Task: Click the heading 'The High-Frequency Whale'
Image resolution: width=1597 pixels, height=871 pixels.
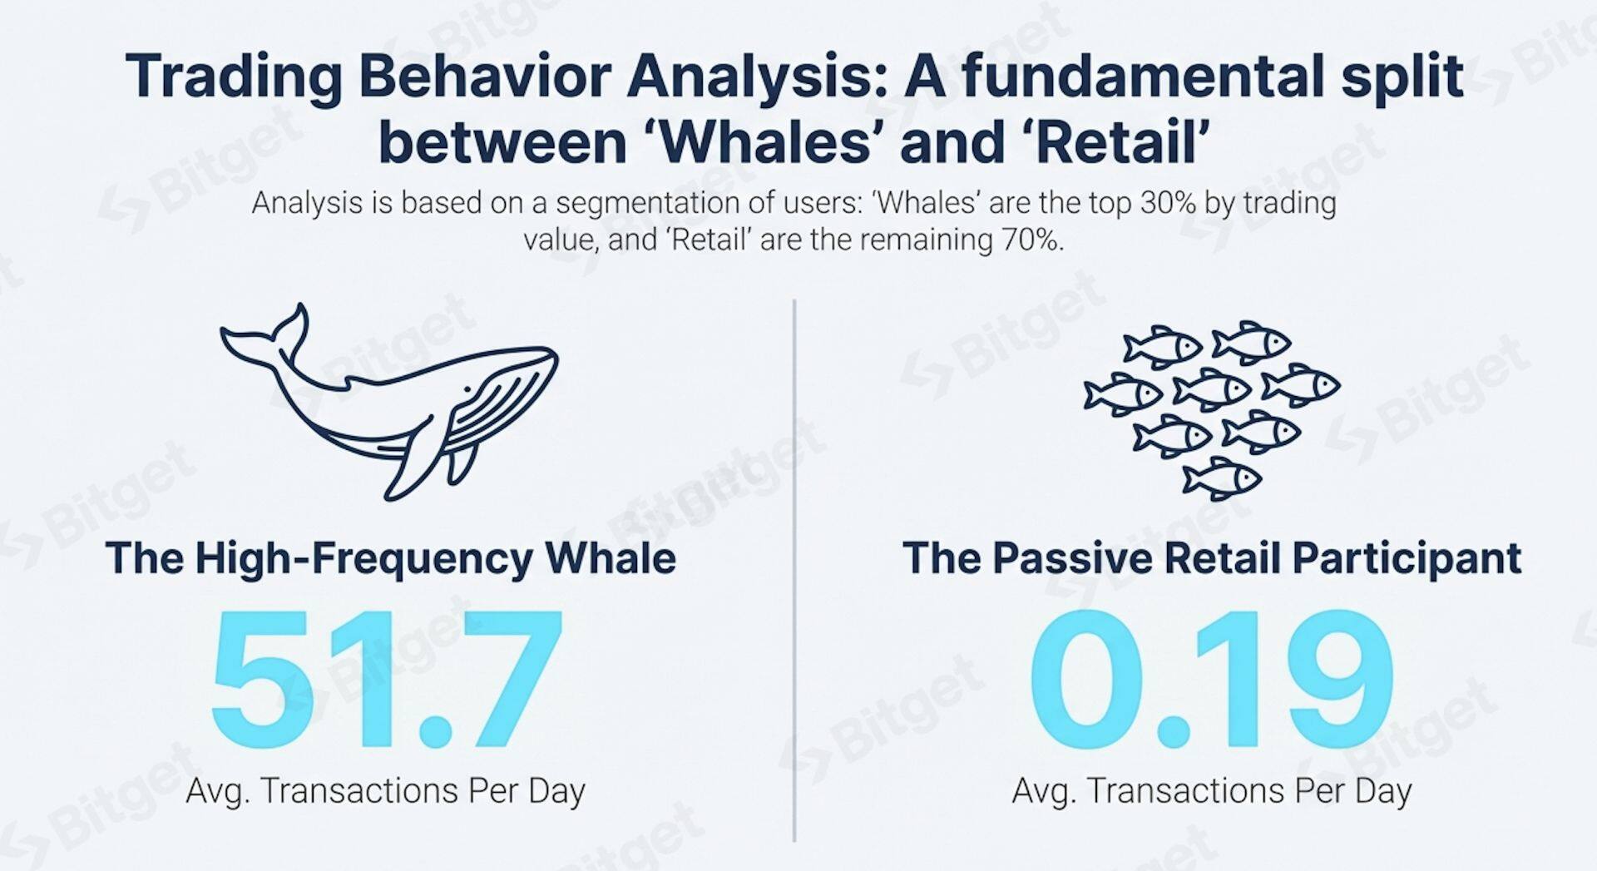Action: pos(390,558)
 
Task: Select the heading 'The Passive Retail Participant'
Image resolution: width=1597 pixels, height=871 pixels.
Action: pos(1212,558)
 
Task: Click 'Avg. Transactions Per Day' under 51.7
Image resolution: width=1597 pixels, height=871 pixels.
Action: pos(385,791)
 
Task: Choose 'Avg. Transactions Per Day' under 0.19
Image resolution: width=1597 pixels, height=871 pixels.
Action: pos(1212,791)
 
